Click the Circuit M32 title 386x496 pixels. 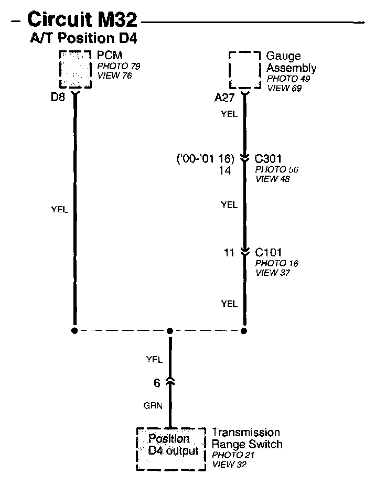click(x=82, y=21)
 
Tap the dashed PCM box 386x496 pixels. click(x=74, y=69)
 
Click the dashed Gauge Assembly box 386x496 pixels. click(x=244, y=70)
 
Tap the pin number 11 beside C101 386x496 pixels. click(x=229, y=253)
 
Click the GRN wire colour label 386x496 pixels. click(x=154, y=405)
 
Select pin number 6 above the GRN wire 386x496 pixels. click(x=157, y=383)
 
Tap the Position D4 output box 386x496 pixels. click(x=169, y=446)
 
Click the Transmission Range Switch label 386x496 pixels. click(x=246, y=438)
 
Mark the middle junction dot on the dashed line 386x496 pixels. click(x=169, y=331)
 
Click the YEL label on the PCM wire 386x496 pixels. click(x=59, y=209)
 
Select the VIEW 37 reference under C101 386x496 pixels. click(x=273, y=273)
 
